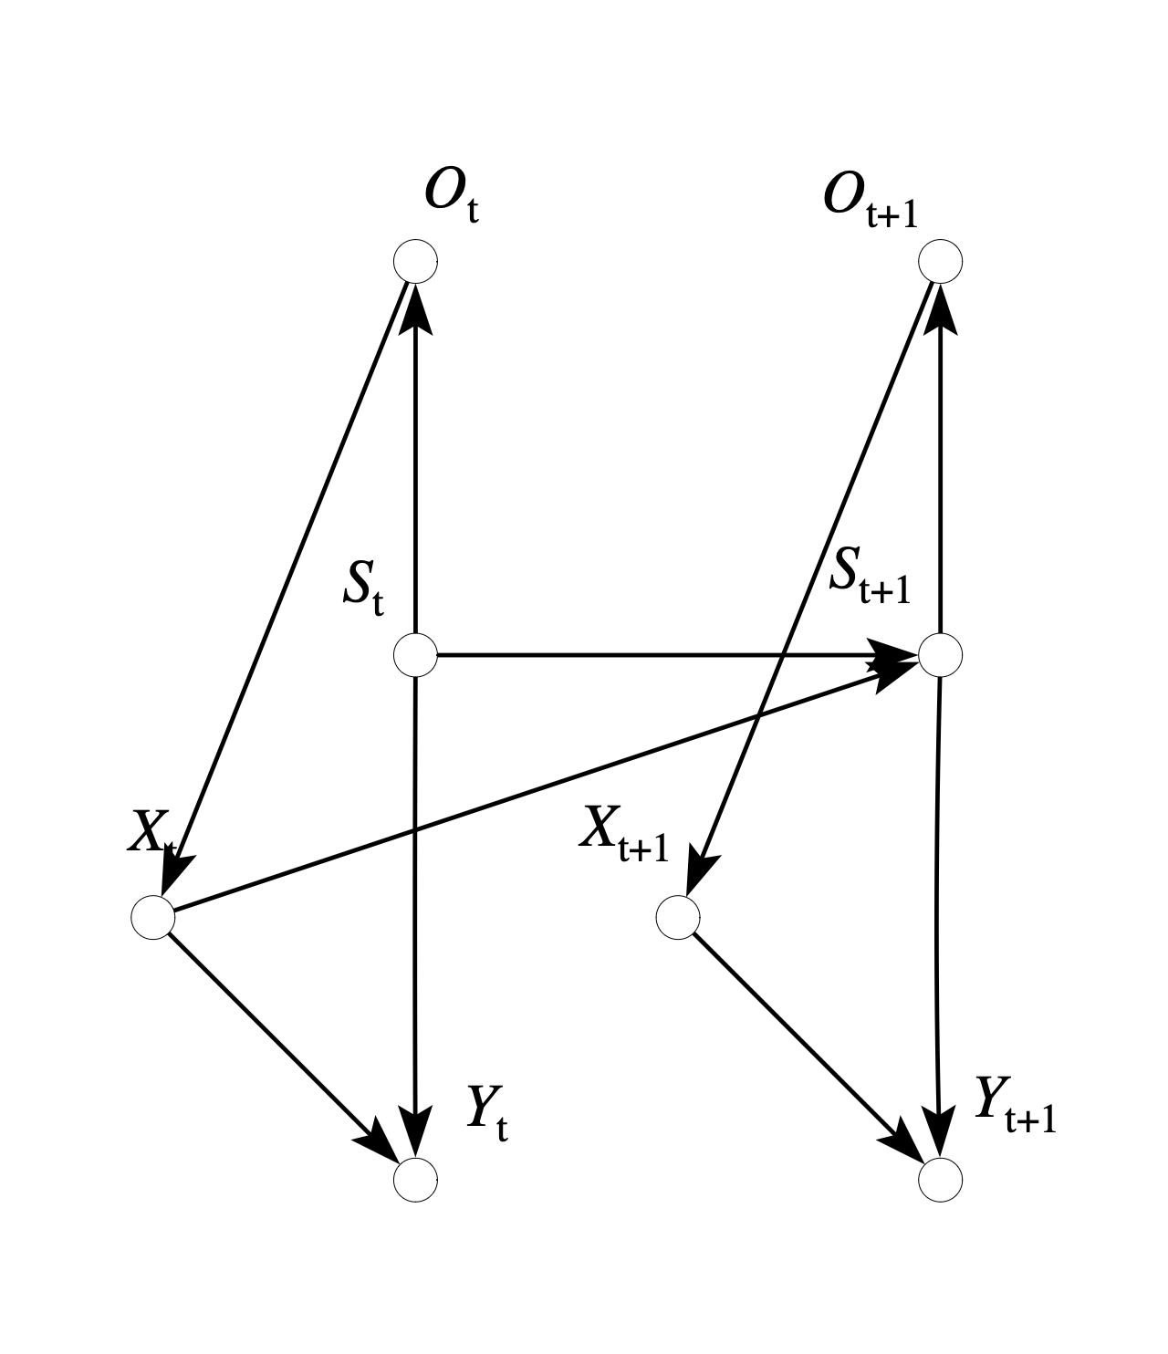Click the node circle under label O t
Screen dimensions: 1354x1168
415,262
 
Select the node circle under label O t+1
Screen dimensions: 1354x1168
940,262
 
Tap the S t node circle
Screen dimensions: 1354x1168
415,655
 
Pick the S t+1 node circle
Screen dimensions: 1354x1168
940,655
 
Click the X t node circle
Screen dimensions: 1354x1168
152,917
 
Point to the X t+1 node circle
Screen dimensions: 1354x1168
678,917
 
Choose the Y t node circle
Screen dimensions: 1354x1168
415,1179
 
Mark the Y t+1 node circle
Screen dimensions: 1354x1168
940,1179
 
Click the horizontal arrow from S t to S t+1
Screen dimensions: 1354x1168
639,655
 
